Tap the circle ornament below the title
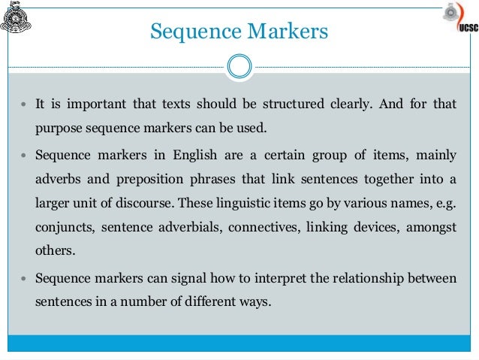click(239, 66)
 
